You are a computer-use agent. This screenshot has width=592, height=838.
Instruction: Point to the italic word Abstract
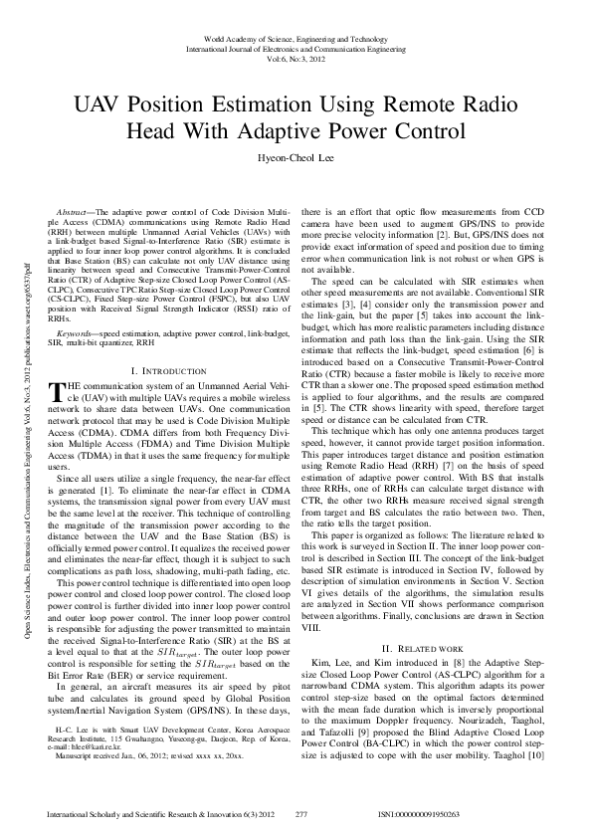[x=73, y=213]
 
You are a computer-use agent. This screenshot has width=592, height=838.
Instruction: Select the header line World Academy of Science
[x=296, y=35]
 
